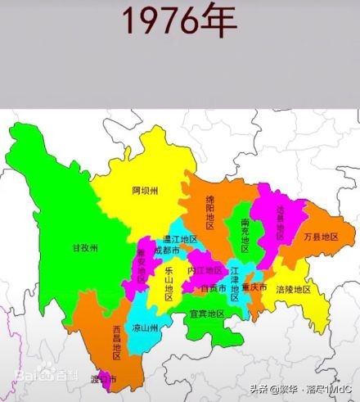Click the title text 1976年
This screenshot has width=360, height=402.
179,21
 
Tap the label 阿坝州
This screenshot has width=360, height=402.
144,190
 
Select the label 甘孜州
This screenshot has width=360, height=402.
84,247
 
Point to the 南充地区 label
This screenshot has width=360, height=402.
245,233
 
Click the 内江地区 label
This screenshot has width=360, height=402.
205,270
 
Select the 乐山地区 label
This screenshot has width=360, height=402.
169,282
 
